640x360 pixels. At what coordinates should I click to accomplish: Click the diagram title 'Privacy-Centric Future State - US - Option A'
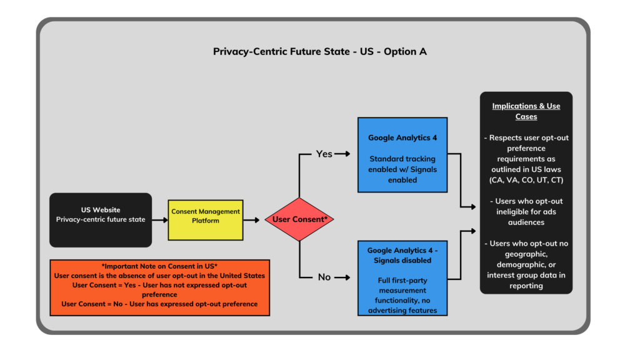(x=320, y=52)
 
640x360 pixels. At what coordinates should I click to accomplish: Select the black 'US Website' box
(x=101, y=219)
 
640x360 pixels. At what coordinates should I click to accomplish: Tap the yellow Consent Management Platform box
(x=206, y=220)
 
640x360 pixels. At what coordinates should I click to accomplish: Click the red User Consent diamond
(x=299, y=219)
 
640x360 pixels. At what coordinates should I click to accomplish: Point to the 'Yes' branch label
(x=324, y=153)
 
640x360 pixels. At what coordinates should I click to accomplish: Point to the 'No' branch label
(x=324, y=277)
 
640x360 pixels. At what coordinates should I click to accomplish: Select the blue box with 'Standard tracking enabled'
(x=402, y=154)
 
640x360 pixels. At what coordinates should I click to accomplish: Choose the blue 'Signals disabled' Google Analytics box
(x=402, y=277)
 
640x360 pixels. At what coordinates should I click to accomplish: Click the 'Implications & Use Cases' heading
(x=526, y=111)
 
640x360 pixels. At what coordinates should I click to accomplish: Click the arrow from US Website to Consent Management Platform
(x=159, y=220)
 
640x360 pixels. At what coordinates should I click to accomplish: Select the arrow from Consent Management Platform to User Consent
(x=252, y=220)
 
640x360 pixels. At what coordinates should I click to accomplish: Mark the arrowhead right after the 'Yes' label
(x=347, y=153)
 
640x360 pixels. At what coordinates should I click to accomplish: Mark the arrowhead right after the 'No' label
(x=347, y=277)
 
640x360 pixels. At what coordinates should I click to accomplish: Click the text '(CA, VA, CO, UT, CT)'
(x=526, y=180)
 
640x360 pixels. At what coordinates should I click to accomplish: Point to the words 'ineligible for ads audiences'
(x=526, y=217)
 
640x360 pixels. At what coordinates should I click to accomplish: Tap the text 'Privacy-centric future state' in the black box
(x=101, y=219)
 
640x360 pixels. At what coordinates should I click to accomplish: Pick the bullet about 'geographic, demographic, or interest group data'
(x=526, y=264)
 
